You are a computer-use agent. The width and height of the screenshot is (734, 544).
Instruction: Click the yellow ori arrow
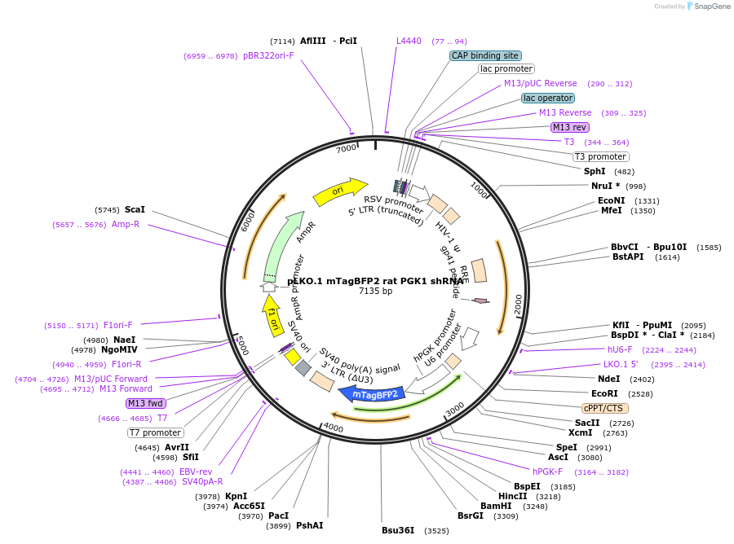[339, 192]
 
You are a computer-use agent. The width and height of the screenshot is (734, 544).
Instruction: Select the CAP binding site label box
[484, 56]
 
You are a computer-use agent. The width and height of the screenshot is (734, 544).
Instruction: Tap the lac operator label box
[548, 98]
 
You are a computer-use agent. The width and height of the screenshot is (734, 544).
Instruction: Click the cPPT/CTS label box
[604, 407]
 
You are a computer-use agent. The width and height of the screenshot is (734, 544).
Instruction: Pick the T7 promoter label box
[156, 432]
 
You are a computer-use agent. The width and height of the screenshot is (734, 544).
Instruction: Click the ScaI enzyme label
[135, 209]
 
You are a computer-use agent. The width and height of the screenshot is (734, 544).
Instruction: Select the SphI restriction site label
[595, 171]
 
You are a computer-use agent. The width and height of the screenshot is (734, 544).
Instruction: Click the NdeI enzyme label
[608, 379]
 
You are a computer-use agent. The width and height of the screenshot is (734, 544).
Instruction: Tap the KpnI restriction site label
[236, 496]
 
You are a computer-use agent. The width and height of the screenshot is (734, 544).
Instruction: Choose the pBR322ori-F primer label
[268, 56]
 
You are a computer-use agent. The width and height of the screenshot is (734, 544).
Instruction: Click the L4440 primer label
[409, 41]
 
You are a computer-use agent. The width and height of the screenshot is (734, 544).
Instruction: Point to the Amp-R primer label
[126, 224]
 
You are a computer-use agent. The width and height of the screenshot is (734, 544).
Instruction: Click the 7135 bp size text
[375, 291]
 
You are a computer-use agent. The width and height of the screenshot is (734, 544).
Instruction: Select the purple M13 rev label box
[569, 127]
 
